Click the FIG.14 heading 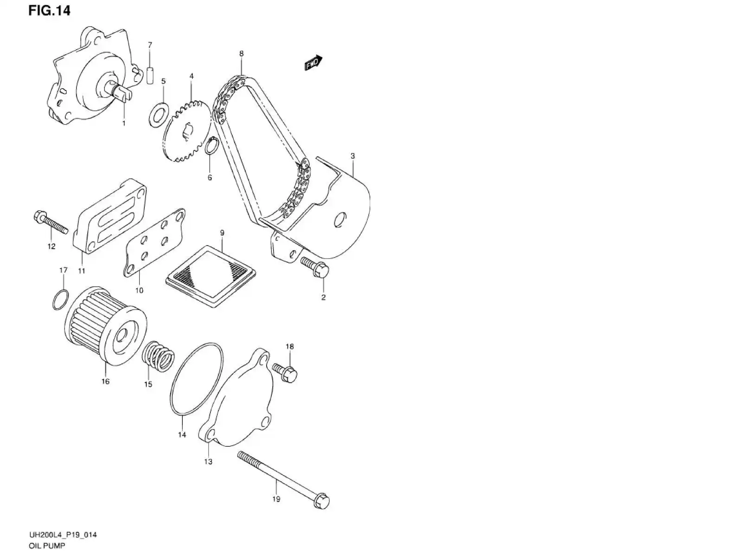[49, 11]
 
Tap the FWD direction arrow [313, 63]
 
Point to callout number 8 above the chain [241, 54]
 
